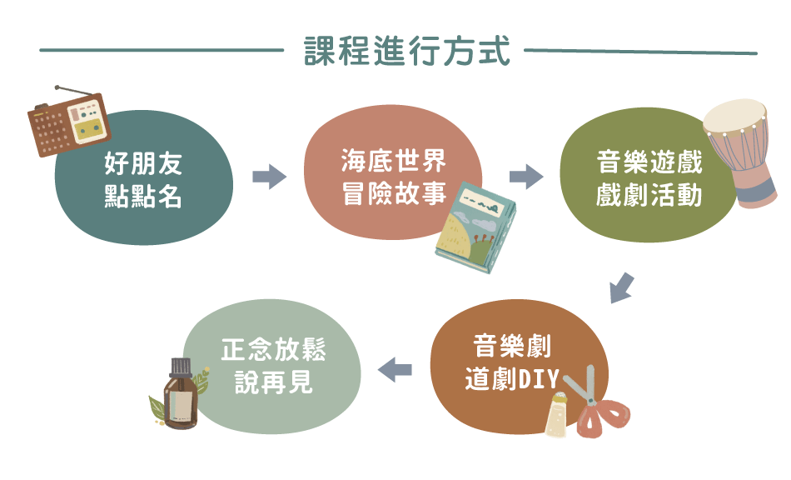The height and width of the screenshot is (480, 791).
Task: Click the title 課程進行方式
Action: tap(407, 51)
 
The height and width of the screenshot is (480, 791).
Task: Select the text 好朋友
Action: tap(143, 163)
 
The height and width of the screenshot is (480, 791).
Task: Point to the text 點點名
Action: tap(143, 197)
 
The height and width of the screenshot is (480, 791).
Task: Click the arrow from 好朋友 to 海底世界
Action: tap(268, 177)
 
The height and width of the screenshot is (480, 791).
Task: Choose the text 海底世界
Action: tap(394, 160)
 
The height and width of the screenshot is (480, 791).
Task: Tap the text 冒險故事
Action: tap(394, 194)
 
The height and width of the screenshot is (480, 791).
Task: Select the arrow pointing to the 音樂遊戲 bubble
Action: tap(525, 177)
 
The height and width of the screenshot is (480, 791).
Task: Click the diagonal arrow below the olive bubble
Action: tap(620, 287)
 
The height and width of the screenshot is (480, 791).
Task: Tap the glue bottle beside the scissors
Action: tap(555, 412)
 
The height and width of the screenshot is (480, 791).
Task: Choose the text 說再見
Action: tap(273, 382)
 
